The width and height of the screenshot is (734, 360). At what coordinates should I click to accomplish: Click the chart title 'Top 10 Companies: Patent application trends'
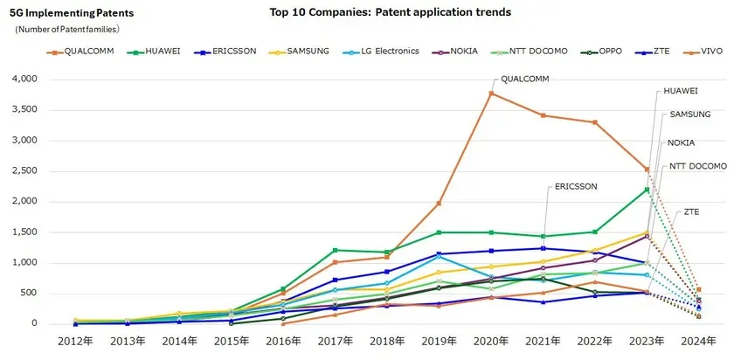[391, 12]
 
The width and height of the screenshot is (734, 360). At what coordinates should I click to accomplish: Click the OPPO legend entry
[603, 52]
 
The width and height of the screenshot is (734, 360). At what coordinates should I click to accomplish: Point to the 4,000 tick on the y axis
[24, 79]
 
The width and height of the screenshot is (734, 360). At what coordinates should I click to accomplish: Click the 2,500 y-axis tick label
[24, 170]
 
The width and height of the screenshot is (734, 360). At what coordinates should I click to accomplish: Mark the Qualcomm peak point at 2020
[491, 93]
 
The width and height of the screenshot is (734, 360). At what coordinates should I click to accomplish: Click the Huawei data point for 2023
[647, 189]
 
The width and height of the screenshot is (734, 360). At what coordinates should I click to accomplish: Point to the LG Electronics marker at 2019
[440, 256]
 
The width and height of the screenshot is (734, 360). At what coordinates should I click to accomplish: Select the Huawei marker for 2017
[336, 250]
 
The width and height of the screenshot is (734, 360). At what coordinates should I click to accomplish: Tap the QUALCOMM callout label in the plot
[524, 79]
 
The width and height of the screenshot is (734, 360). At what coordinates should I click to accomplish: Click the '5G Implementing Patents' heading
[59, 15]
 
